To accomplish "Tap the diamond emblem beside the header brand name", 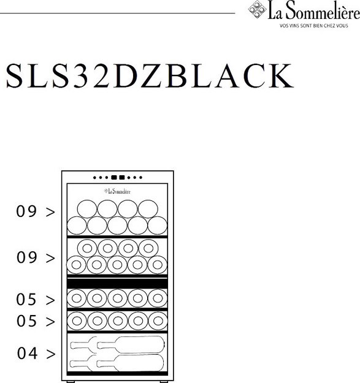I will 256,10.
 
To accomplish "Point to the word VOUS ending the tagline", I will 350,26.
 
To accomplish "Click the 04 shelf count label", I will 28,354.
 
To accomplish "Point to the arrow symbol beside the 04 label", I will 50,354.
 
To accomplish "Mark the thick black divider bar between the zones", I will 117,283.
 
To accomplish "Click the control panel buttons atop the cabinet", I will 117,178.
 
